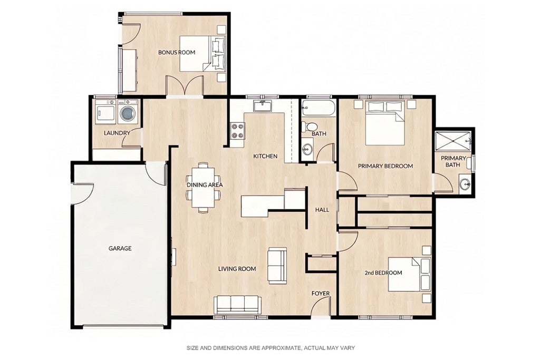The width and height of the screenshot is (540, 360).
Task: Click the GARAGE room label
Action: (x=120, y=248)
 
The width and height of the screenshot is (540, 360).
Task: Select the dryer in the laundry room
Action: (x=105, y=112)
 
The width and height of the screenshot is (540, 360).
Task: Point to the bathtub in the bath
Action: (x=318, y=108)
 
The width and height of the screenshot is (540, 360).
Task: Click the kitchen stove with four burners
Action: (x=237, y=131)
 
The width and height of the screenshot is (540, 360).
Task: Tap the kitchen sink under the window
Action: (x=263, y=106)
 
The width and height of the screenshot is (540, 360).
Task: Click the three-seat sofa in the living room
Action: (x=237, y=304)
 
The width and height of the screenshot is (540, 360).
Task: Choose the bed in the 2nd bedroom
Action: (x=409, y=274)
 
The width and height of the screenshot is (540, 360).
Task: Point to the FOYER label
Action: (x=321, y=294)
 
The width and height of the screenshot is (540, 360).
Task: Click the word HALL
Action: (x=322, y=210)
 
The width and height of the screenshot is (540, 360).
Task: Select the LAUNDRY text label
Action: (x=117, y=133)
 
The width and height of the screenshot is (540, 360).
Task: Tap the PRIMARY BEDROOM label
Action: (x=385, y=166)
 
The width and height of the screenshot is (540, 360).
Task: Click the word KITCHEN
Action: (x=265, y=156)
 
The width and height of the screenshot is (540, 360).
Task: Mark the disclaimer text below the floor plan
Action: (x=271, y=348)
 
